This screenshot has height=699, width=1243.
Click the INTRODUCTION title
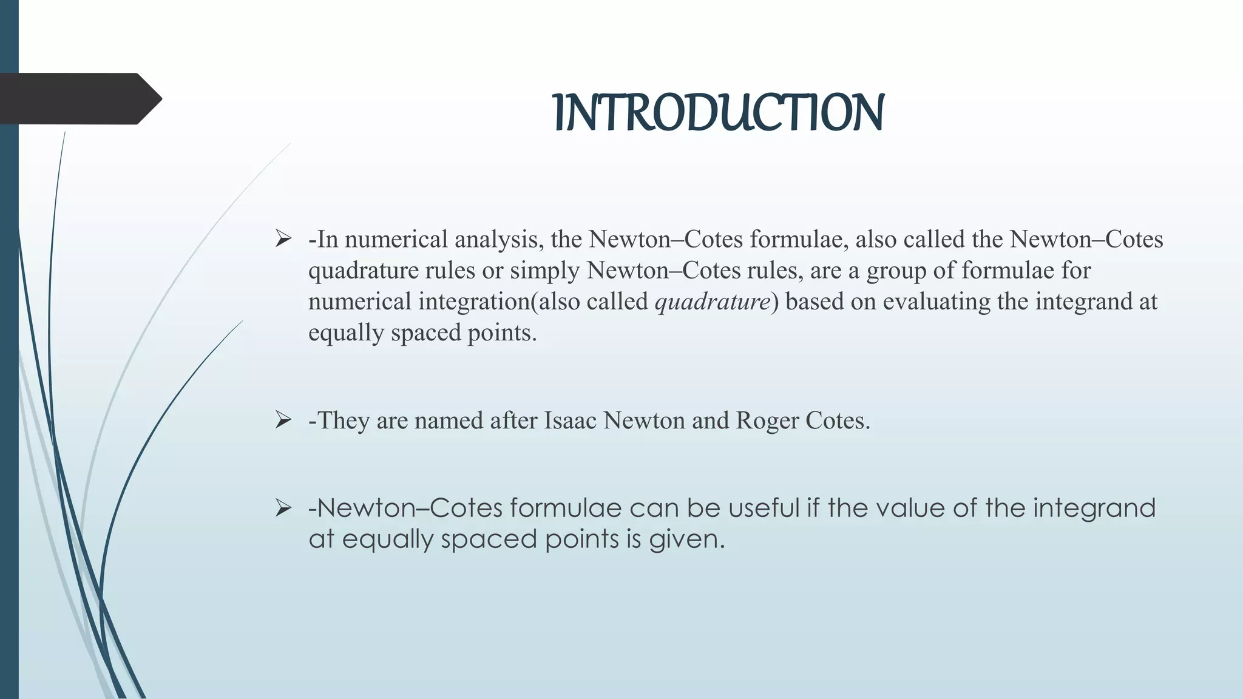pyautogui.click(x=719, y=113)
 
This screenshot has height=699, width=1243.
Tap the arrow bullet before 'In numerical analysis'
pyautogui.click(x=283, y=238)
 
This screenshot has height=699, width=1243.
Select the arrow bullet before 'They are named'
pyautogui.click(x=283, y=419)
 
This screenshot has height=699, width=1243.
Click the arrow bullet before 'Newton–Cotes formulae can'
pyautogui.click(x=283, y=507)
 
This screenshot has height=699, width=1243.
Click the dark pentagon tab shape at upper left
pyautogui.click(x=79, y=98)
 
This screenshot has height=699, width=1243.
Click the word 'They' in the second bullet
pyautogui.click(x=344, y=420)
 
